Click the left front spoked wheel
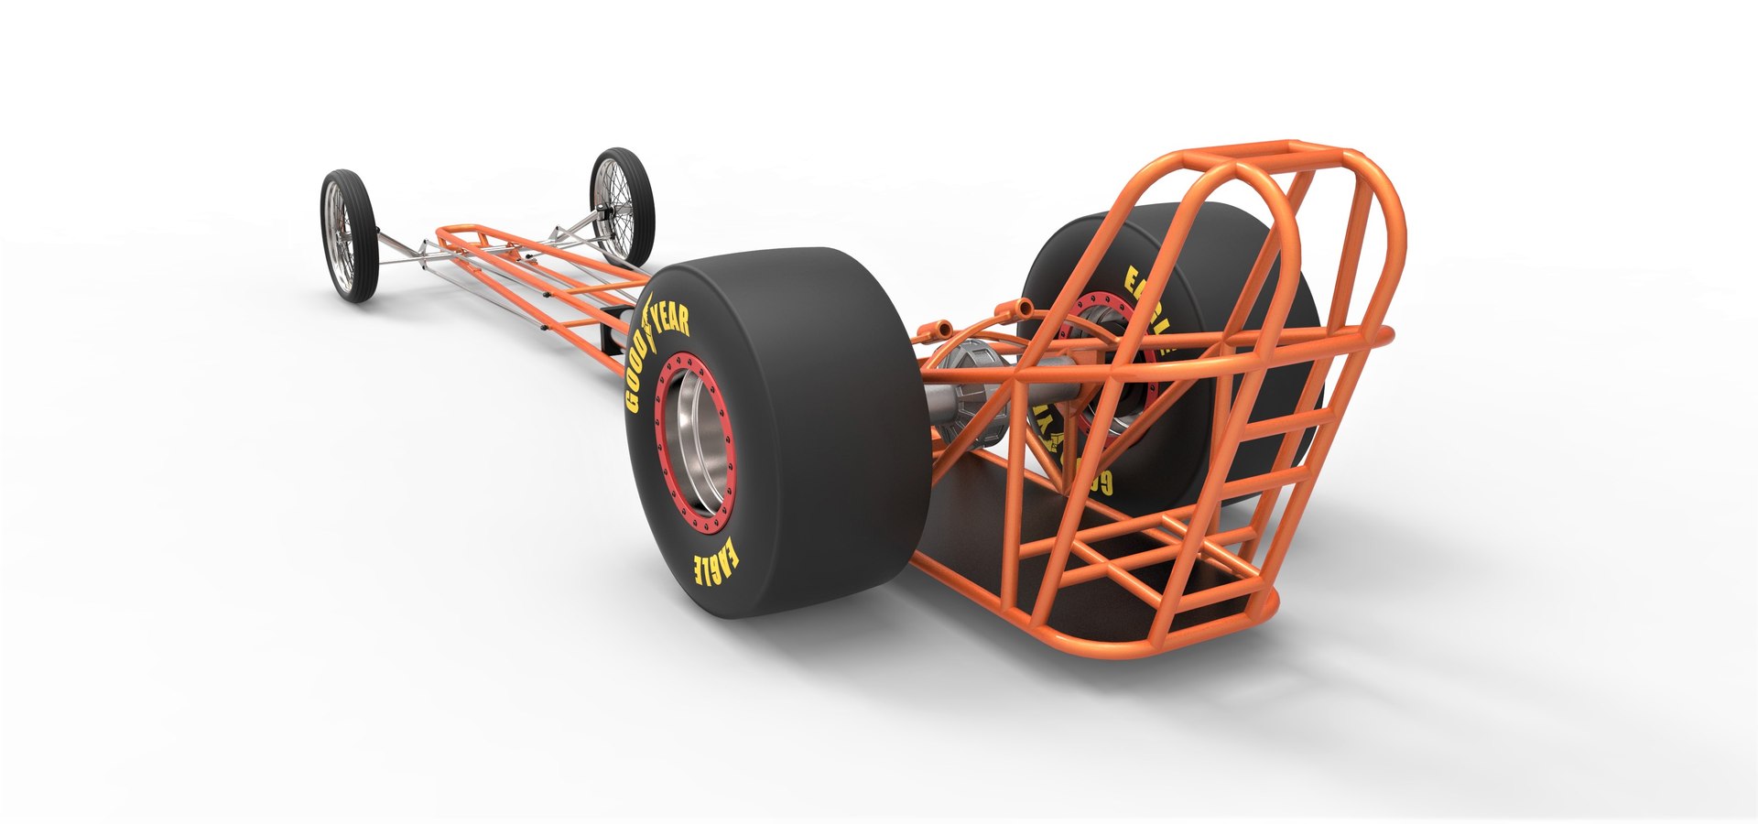coord(349,234)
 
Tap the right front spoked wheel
coord(623,205)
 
